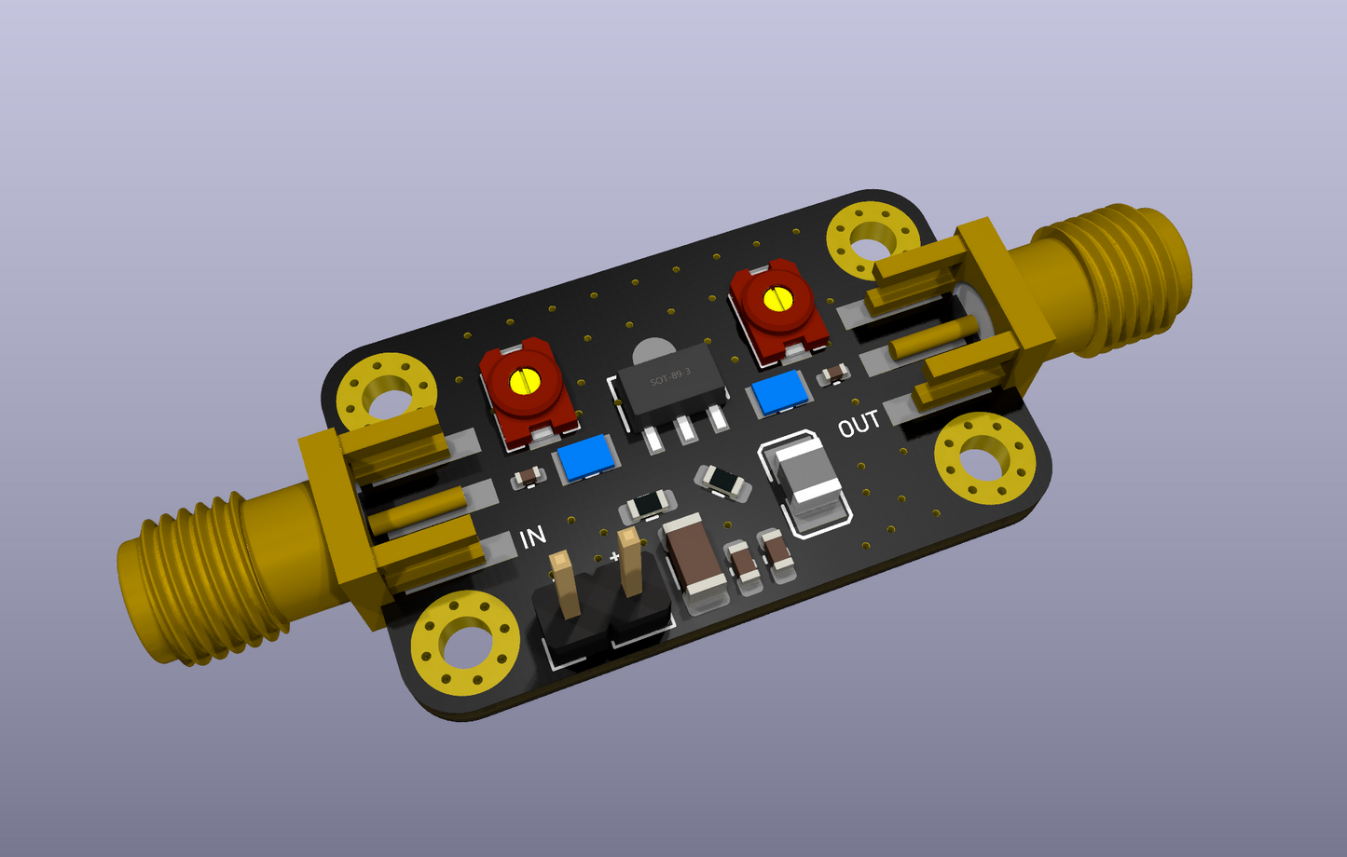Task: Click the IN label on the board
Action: (532, 537)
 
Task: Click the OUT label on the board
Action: (859, 424)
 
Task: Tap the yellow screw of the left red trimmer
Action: (526, 380)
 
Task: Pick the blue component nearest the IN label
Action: (585, 458)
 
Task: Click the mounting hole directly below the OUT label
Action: (984, 460)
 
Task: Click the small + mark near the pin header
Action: (614, 556)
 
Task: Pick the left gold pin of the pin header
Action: (564, 583)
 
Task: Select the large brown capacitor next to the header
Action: (694, 558)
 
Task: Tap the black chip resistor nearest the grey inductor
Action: (722, 481)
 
